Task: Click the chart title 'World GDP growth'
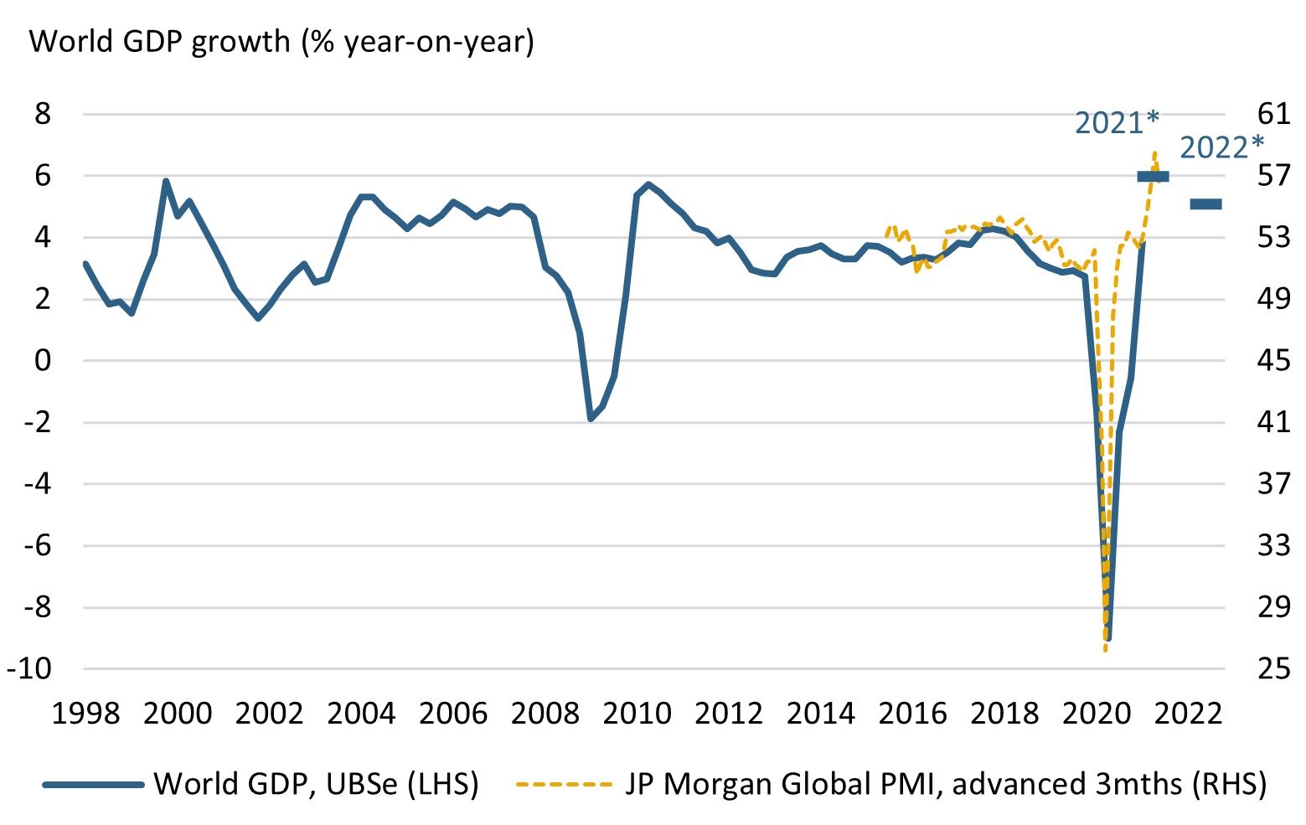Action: click(x=281, y=41)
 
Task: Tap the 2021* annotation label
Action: click(x=1117, y=123)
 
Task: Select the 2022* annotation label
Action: click(x=1221, y=148)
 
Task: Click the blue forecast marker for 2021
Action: click(x=1153, y=176)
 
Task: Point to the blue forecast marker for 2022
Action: click(x=1206, y=204)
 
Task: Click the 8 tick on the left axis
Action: click(x=43, y=114)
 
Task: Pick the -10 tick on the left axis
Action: click(x=30, y=669)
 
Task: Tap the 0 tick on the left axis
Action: click(x=43, y=361)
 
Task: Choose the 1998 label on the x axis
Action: click(x=85, y=714)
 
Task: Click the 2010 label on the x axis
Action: click(x=637, y=714)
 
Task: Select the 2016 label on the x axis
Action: click(x=912, y=714)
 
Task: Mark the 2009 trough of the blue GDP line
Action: click(x=591, y=419)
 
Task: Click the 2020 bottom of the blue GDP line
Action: click(x=1108, y=639)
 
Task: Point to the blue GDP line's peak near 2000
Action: click(x=166, y=181)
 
